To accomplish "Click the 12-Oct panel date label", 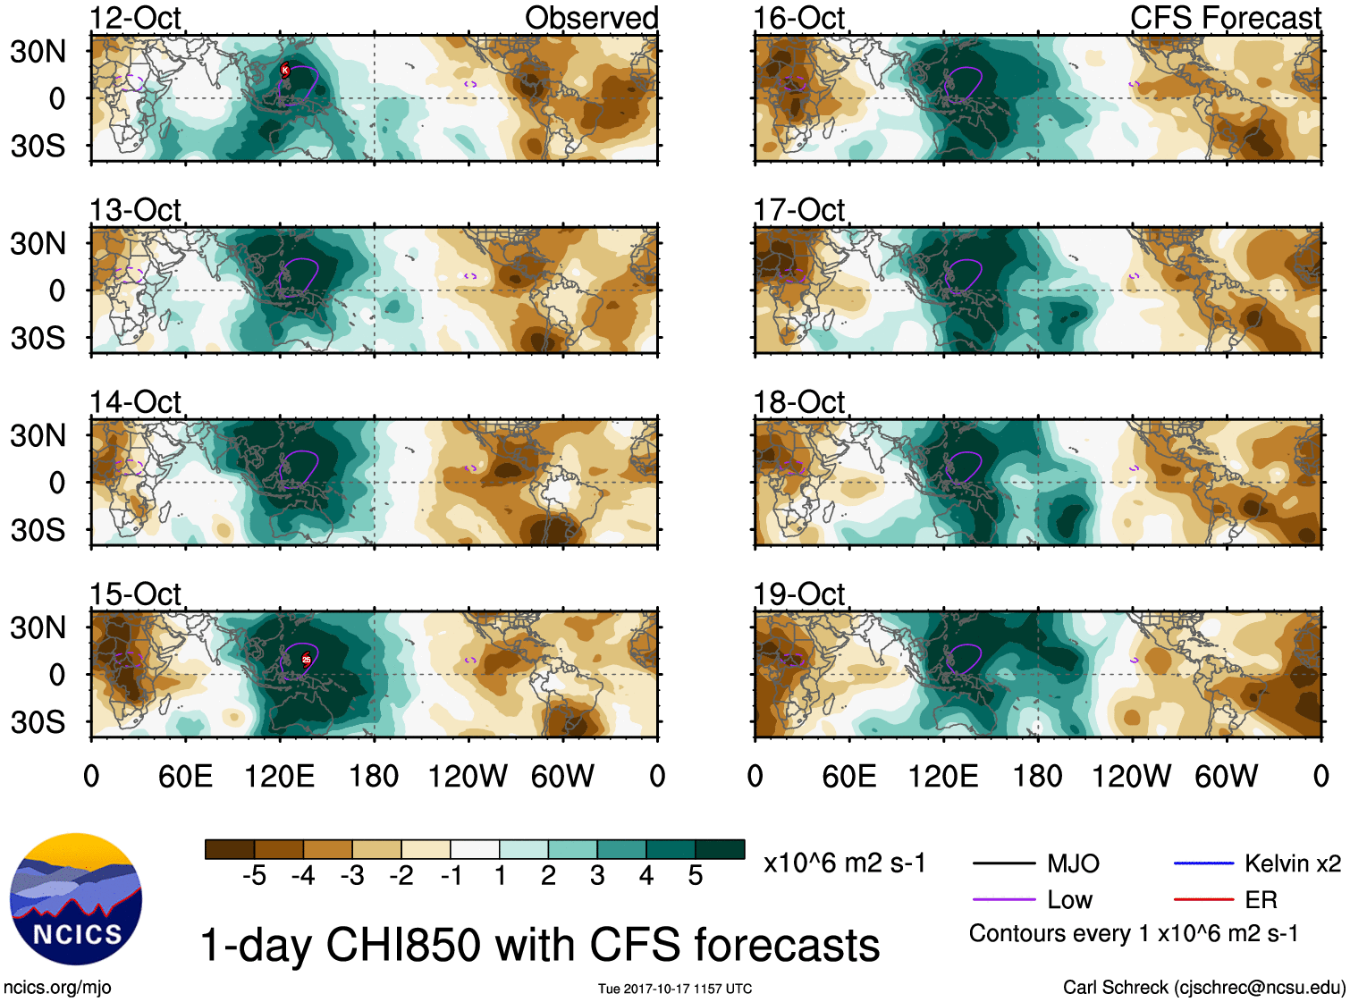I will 135,18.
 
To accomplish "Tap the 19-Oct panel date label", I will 798,594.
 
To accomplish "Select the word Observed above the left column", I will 591,18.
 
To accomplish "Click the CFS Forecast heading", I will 1225,18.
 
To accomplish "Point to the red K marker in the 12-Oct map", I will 285,70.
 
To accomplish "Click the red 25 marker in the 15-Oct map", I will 306,660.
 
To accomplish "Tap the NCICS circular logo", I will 76,899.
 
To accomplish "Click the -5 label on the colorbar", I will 254,876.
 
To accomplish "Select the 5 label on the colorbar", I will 696,876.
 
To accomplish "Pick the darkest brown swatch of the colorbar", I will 230,849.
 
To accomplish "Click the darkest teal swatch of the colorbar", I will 720,849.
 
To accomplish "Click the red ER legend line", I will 1203,900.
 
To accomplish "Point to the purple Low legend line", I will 1003,900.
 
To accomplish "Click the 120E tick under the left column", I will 279,776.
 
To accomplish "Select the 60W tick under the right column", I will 1226,776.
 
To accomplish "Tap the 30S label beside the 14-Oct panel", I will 38,530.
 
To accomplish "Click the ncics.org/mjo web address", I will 57,988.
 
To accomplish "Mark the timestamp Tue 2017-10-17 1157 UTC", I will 675,989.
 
